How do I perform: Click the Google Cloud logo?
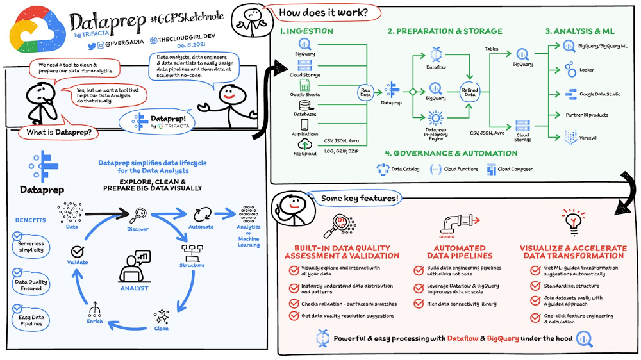pyautogui.click(x=37, y=31)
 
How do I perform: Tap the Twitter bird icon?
pyautogui.click(x=92, y=46)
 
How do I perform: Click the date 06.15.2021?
pyautogui.click(x=191, y=45)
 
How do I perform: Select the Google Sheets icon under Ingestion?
pyautogui.click(x=304, y=85)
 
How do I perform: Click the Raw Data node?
pyautogui.click(x=365, y=92)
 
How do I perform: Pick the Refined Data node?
pyautogui.click(x=470, y=92)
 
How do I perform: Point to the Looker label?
pyautogui.click(x=587, y=70)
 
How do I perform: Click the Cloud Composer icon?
pyautogui.click(x=492, y=169)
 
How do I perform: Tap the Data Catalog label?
pyautogui.click(x=405, y=169)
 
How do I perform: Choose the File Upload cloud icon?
pyautogui.click(x=304, y=144)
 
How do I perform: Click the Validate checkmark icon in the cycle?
pyautogui.click(x=78, y=251)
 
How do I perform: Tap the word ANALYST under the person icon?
pyautogui.click(x=134, y=288)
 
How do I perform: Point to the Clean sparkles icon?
pyautogui.click(x=161, y=316)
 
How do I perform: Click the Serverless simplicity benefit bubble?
pyautogui.click(x=31, y=247)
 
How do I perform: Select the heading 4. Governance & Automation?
pyautogui.click(x=451, y=154)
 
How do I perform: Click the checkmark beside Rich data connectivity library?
pyautogui.click(x=419, y=304)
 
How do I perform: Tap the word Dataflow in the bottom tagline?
pyautogui.click(x=462, y=338)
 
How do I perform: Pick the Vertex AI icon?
pyautogui.click(x=570, y=138)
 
